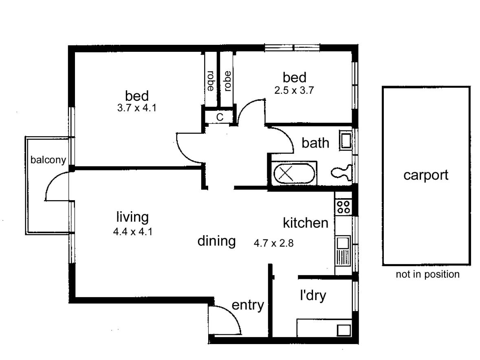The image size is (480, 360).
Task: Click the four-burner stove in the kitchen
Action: tap(342, 207)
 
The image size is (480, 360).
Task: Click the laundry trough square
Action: tap(343, 329)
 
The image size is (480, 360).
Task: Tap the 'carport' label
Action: tap(426, 175)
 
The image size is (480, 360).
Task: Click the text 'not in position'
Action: tap(427, 274)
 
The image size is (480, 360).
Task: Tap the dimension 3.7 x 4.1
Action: tap(137, 109)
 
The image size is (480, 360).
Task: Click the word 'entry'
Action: tap(248, 305)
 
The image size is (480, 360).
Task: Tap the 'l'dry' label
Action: tap(313, 296)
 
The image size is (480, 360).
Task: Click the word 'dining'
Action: tap(217, 241)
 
